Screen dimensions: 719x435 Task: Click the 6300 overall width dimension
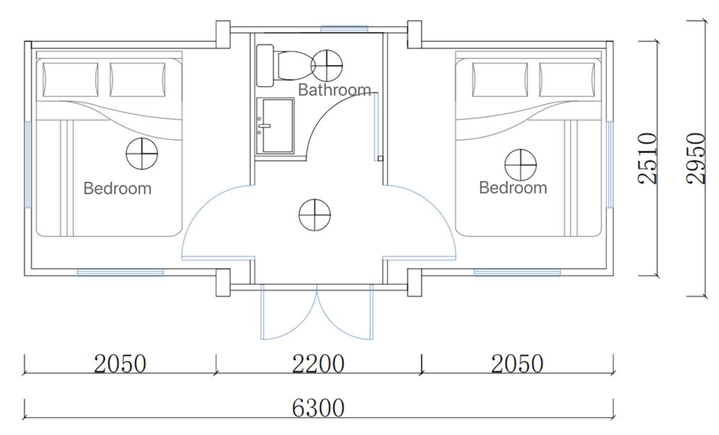click(x=318, y=407)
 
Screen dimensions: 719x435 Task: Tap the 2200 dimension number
click(x=318, y=364)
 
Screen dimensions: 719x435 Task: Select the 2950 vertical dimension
click(x=696, y=158)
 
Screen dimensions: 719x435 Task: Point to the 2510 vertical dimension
click(x=648, y=158)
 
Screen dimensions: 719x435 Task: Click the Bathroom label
click(x=334, y=89)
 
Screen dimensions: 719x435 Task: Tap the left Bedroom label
click(x=118, y=189)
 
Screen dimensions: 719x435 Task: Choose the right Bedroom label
click(x=513, y=187)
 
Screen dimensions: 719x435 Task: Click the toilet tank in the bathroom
click(x=265, y=66)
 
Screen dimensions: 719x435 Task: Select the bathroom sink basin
click(x=275, y=126)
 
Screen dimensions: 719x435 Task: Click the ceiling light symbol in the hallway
click(x=315, y=215)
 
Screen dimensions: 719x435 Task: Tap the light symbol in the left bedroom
click(x=142, y=153)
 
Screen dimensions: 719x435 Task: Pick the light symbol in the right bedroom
click(x=521, y=165)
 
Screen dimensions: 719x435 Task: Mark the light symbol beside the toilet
click(x=327, y=66)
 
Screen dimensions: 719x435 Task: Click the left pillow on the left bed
click(x=70, y=79)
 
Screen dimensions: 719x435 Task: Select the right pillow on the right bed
click(x=567, y=79)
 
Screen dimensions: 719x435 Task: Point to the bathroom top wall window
click(x=345, y=29)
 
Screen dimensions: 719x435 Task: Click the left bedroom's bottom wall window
click(x=120, y=273)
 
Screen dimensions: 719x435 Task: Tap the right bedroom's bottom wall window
click(x=518, y=273)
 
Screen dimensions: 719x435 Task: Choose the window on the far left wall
click(x=28, y=164)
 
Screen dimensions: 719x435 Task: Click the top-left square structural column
click(x=223, y=34)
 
